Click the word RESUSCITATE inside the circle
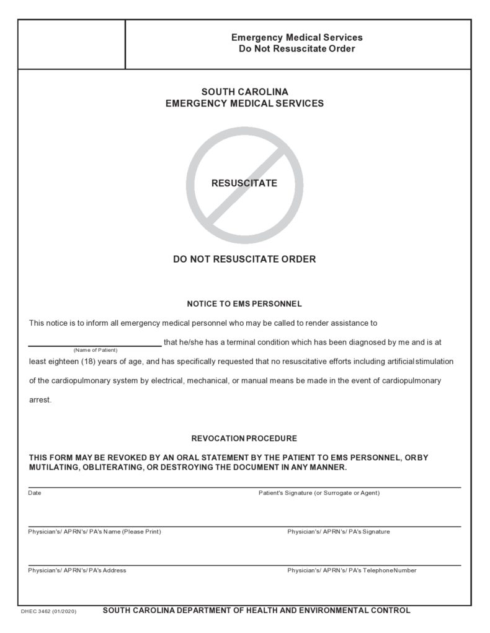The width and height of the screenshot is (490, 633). (244, 183)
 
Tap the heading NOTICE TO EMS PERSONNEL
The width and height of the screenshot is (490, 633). (244, 304)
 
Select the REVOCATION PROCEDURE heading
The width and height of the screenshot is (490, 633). (244, 439)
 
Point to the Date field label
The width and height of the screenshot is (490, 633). (35, 493)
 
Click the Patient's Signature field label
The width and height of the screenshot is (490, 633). (319, 493)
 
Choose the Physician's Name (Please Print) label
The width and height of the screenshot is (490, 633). (94, 531)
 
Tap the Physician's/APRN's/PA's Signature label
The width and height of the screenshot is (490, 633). (339, 531)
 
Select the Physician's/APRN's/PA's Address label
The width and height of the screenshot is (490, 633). (77, 570)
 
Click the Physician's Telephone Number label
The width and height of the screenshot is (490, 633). (352, 570)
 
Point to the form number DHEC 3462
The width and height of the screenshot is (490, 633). (38, 611)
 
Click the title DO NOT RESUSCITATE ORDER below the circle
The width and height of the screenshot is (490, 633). (244, 260)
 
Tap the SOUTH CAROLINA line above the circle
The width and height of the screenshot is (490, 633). (244, 92)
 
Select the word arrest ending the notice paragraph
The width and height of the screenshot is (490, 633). (40, 399)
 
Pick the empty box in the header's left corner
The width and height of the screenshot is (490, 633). (71, 44)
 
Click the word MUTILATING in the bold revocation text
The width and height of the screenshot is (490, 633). (53, 467)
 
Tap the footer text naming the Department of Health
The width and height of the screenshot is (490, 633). (256, 611)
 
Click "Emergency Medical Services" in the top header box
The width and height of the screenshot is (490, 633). (297, 38)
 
